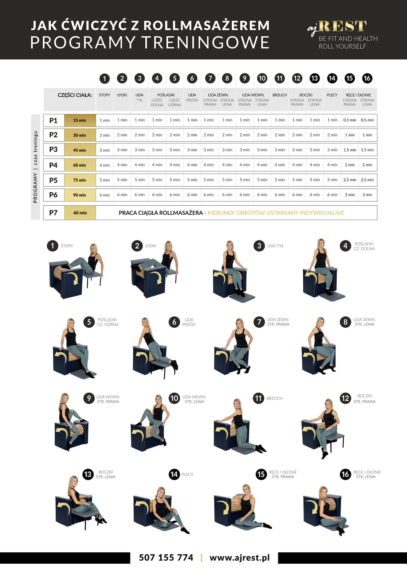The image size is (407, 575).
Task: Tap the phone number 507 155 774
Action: click(166, 558)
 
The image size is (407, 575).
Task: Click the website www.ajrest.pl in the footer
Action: click(240, 558)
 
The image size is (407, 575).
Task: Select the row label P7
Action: click(53, 213)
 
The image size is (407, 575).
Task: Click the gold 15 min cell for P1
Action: click(80, 120)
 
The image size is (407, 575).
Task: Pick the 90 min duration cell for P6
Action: click(80, 195)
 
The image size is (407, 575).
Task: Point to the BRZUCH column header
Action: click(280, 95)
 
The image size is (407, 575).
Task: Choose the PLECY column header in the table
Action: click(332, 95)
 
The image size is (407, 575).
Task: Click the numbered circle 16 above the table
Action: click(367, 78)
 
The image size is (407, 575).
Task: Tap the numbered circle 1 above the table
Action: click(104, 78)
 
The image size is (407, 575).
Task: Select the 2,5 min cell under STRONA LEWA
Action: click(367, 180)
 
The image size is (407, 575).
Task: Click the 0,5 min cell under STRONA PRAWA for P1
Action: click(350, 120)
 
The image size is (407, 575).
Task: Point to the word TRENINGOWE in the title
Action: click(205, 42)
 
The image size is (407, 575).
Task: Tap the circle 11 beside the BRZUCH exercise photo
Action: click(258, 398)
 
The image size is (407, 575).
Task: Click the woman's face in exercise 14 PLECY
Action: click(161, 493)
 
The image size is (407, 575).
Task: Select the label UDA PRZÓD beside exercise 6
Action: click(189, 322)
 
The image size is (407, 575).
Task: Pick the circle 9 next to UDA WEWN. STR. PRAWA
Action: click(89, 398)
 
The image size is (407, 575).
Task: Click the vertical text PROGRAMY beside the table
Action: click(35, 188)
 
